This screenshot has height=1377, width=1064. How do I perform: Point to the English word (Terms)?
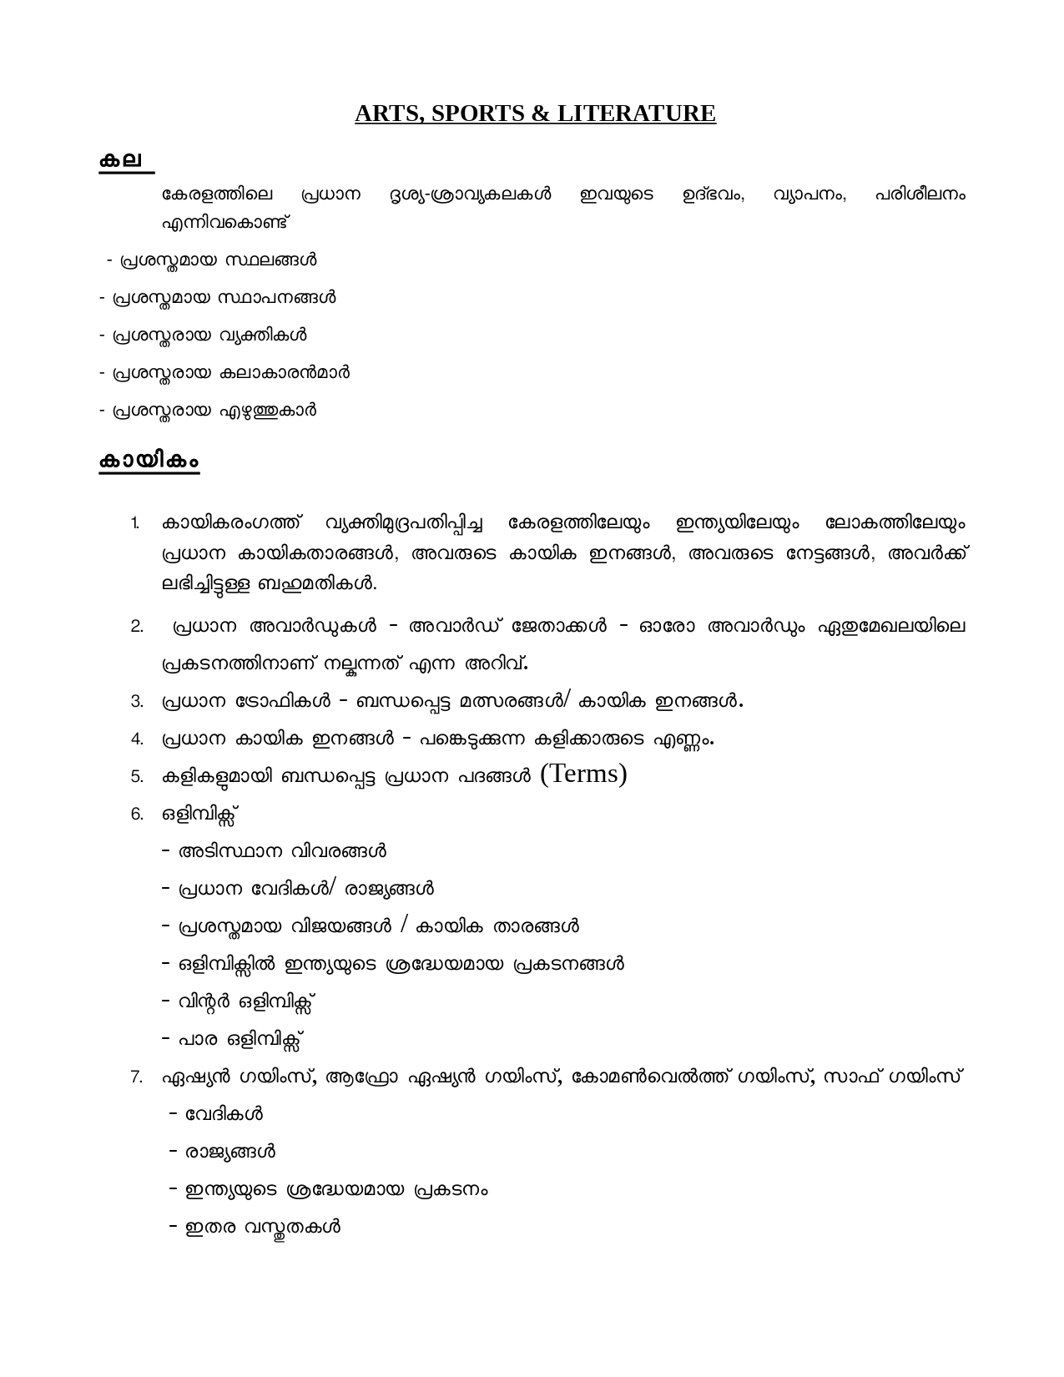[x=583, y=774]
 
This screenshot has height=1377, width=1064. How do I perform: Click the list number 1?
[x=134, y=524]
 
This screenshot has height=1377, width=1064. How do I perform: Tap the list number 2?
[x=137, y=627]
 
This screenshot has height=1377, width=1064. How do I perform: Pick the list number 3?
[x=137, y=702]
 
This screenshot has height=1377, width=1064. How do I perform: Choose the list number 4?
[x=137, y=739]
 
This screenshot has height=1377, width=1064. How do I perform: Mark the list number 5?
[x=137, y=777]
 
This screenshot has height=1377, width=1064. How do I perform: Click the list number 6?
[x=137, y=815]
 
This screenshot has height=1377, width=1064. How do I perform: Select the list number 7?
[x=137, y=1077]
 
